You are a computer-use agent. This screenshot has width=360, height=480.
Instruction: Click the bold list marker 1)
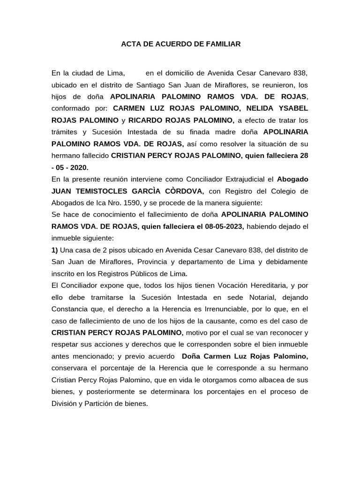[55, 250]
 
